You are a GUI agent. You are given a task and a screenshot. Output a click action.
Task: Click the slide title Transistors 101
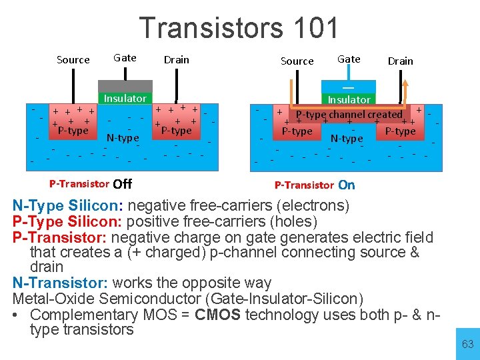239,28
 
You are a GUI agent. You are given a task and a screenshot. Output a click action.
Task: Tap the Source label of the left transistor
73,60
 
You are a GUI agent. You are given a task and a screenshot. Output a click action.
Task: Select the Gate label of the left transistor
125,58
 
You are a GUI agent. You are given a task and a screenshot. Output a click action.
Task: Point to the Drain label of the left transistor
177,59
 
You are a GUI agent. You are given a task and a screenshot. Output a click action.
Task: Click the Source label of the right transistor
297,61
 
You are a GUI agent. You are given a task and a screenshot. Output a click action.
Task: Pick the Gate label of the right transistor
349,59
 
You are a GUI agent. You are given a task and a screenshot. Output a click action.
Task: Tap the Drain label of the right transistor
401,61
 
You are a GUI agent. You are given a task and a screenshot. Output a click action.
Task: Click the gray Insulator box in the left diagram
125,98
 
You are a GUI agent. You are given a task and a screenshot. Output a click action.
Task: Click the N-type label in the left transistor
123,138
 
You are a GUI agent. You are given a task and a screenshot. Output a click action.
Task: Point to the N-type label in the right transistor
347,139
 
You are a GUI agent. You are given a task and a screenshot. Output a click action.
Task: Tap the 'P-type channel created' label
349,114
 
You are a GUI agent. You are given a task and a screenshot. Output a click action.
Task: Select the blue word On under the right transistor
347,185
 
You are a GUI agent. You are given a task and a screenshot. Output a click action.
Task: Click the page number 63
467,344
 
